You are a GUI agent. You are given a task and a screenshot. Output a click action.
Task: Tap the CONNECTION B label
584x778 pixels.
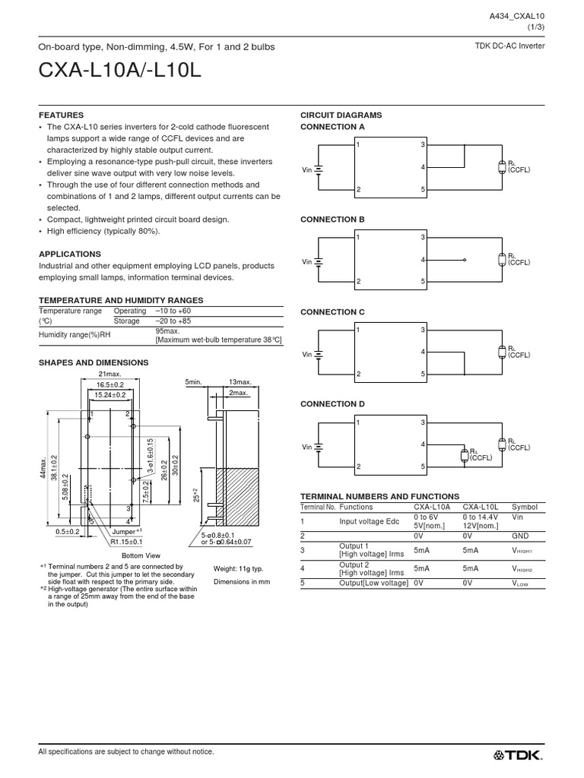tap(334, 220)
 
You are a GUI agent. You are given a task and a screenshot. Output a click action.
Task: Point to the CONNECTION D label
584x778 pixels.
tap(334, 404)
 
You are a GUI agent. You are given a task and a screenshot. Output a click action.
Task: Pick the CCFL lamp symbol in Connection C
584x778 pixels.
tap(501, 352)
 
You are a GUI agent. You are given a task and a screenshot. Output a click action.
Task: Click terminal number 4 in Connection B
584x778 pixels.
tap(423, 260)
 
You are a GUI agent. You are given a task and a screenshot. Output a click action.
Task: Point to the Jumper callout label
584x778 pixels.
tap(125, 532)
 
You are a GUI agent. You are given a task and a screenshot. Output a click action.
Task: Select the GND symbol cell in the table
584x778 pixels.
tap(519, 536)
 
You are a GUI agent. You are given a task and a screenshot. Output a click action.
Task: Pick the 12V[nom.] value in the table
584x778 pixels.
tap(481, 526)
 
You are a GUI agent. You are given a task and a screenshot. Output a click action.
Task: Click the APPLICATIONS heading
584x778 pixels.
tap(69, 254)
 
